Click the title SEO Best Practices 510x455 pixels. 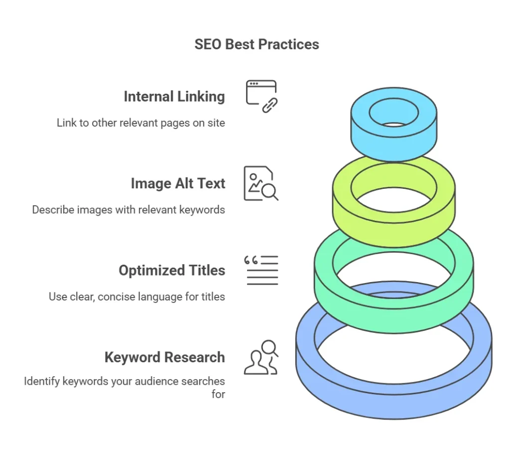pos(256,44)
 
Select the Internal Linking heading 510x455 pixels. pos(174,97)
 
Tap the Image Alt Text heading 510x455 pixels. pos(178,183)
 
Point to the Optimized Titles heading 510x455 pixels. pos(172,271)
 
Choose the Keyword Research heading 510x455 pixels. pos(164,357)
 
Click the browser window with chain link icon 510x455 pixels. pos(261,96)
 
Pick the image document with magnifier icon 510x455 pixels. pos(261,183)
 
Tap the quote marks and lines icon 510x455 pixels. pos(261,270)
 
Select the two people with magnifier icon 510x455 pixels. pos(261,357)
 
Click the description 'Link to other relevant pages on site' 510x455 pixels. pos(141,123)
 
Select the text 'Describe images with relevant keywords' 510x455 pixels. pos(128,210)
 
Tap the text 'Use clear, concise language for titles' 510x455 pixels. pos(137,297)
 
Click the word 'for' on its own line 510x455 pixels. pos(218,394)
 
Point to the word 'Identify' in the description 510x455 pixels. pos(42,381)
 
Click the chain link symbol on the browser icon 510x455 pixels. pos(270,105)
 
